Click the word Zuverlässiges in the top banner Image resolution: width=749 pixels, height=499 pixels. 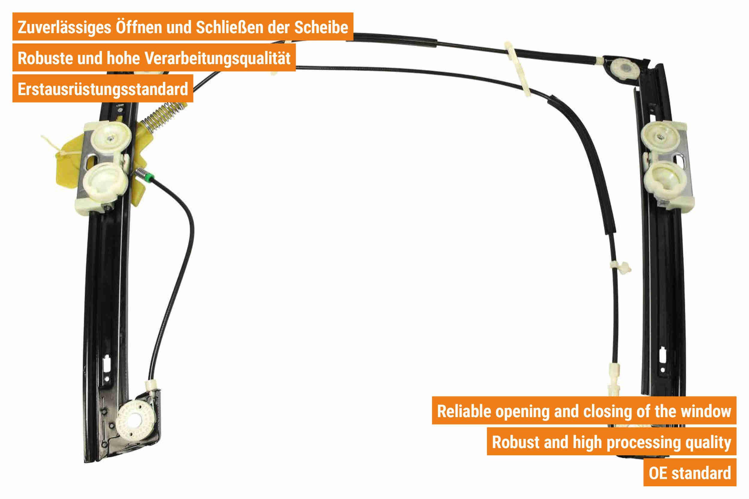click(65, 27)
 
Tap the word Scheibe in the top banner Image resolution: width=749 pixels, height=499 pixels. click(321, 27)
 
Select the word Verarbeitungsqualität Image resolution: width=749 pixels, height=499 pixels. click(218, 58)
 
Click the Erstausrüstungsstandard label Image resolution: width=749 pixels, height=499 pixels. click(103, 89)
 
